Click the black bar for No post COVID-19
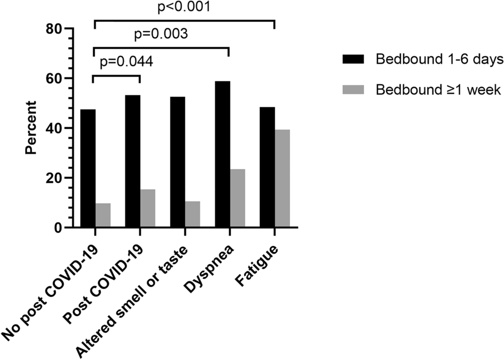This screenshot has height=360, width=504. (88, 168)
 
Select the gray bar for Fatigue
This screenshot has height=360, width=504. (282, 178)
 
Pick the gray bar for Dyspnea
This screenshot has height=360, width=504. (238, 198)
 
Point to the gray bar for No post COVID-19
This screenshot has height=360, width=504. (103, 215)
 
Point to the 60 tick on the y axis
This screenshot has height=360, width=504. (55, 79)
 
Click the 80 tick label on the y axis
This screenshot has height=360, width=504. (55, 29)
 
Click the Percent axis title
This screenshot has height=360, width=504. (31, 128)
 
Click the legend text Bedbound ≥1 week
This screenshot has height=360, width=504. (431, 89)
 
